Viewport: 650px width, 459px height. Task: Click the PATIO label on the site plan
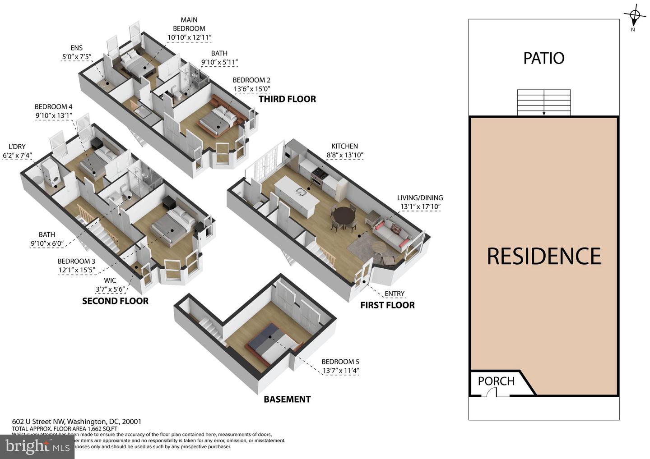[543, 58]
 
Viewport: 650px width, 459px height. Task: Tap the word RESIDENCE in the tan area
[543, 256]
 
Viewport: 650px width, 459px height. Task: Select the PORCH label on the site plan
[496, 381]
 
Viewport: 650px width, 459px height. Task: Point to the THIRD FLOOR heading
[287, 99]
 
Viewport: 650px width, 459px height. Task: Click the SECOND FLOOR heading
[115, 301]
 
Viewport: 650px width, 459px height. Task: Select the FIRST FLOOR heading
[387, 305]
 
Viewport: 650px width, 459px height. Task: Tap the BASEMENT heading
[287, 399]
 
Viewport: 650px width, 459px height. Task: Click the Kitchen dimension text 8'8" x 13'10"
[344, 155]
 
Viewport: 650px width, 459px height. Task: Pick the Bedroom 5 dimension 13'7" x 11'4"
[340, 371]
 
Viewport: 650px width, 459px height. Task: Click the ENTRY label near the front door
[394, 294]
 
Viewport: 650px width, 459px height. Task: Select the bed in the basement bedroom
[271, 343]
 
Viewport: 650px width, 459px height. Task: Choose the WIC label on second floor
[110, 280]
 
